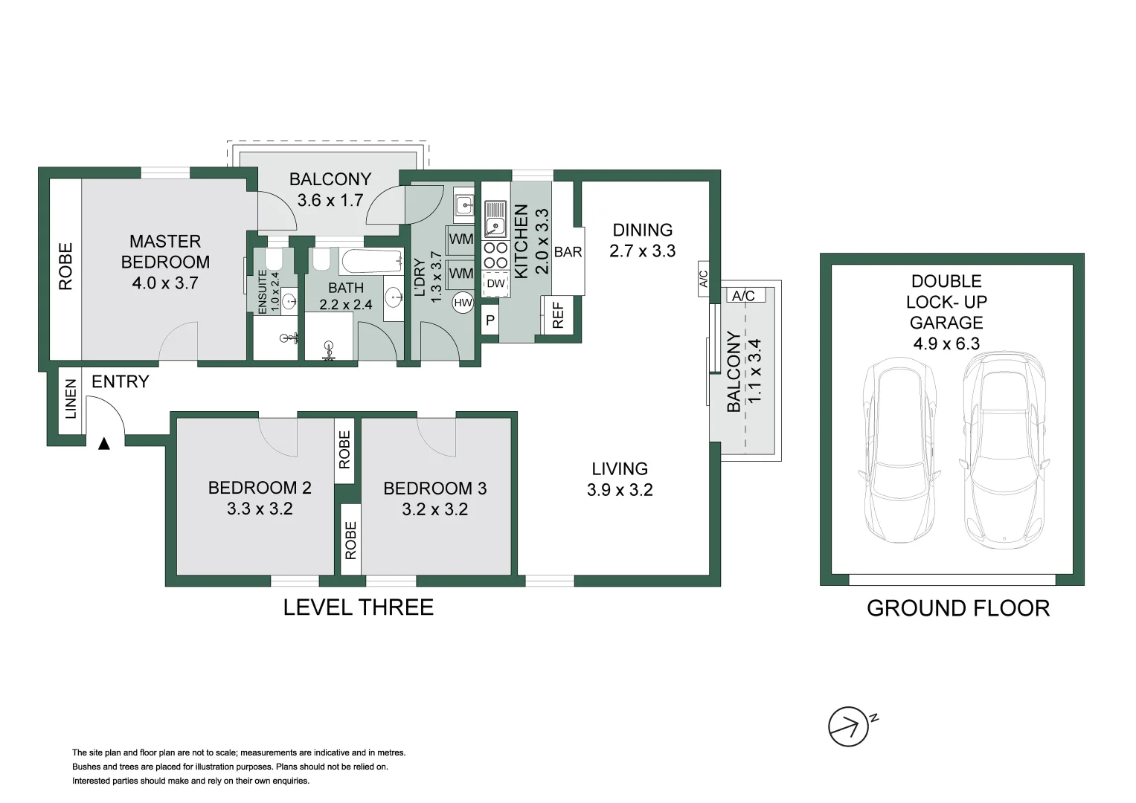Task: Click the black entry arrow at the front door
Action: click(104, 443)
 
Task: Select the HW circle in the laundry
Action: click(463, 303)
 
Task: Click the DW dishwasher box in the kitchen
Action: click(495, 283)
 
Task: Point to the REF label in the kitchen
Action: click(558, 315)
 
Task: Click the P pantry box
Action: click(490, 321)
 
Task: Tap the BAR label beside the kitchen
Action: click(568, 252)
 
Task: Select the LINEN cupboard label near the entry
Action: click(71, 399)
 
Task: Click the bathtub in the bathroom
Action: click(371, 262)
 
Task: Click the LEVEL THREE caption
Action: click(358, 607)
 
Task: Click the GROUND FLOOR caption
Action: click(957, 608)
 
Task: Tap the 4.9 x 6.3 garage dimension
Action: click(946, 344)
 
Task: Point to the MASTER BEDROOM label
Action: click(165, 251)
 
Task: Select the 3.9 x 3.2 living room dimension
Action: click(619, 490)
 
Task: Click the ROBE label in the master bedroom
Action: click(65, 266)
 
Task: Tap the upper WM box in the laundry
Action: click(461, 239)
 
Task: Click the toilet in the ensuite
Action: click(273, 259)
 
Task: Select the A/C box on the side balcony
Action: click(743, 296)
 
